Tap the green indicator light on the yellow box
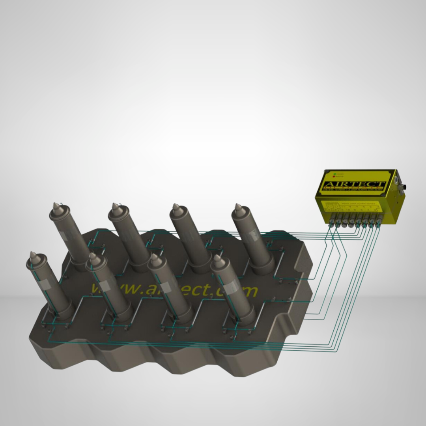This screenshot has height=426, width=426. coord(334,174)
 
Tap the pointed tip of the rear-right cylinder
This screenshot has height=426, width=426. coord(237,206)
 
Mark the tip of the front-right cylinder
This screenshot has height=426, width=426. coord(216,258)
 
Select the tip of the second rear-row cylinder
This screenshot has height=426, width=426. coord(115,206)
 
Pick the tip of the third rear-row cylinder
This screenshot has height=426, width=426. coord(175,206)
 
